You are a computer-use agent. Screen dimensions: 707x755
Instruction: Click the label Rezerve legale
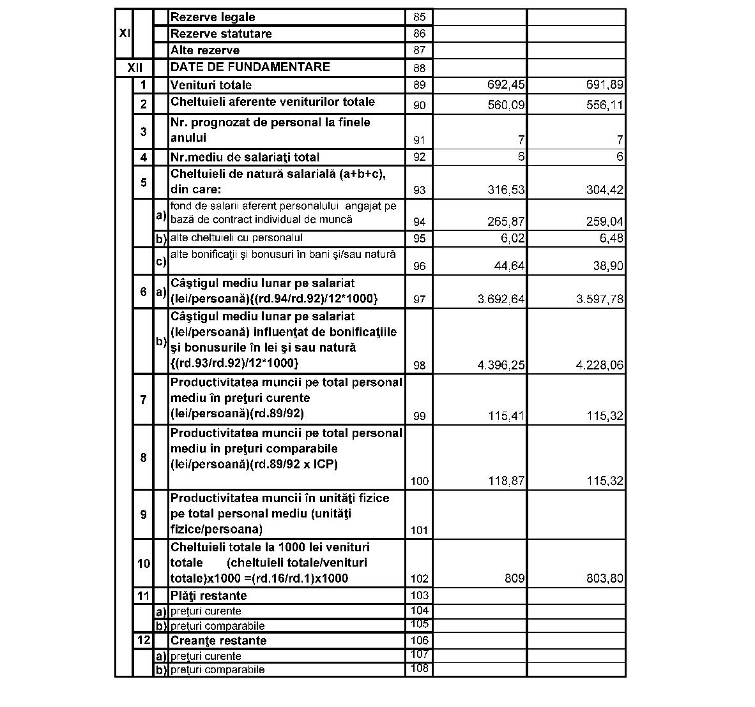point(213,17)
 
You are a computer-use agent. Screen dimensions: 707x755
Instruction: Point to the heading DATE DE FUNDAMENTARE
point(250,67)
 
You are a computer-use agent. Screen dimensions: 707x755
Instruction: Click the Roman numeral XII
point(135,68)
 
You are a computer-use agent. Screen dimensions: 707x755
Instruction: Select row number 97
point(419,299)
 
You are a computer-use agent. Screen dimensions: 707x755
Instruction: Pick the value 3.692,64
point(501,299)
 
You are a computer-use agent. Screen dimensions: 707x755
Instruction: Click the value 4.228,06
point(600,365)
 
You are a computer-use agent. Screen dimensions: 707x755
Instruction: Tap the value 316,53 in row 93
point(505,190)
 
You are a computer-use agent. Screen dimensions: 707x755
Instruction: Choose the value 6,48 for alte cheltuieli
point(609,238)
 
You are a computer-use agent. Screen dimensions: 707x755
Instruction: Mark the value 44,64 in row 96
point(509,266)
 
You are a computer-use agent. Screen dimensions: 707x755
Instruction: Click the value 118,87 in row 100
point(506,480)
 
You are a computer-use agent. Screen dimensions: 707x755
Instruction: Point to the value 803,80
point(604,579)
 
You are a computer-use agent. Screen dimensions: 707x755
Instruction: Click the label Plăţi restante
point(208,595)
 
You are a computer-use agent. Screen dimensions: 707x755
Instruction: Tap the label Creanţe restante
point(218,641)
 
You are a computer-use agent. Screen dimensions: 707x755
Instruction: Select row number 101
point(419,530)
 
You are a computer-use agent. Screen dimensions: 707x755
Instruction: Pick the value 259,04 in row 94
point(604,221)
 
